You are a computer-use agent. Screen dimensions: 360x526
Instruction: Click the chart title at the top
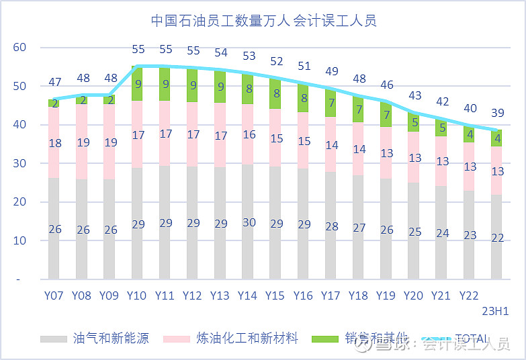[263, 20]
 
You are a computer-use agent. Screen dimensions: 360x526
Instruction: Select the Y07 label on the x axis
[54, 296]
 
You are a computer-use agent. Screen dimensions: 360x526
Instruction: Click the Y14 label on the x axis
[248, 296]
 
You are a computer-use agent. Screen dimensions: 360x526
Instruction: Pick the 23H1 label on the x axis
[496, 310]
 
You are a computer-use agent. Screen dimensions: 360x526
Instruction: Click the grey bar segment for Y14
[248, 242]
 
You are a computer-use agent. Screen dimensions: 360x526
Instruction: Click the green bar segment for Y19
[386, 114]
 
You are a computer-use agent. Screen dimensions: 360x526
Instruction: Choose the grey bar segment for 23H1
[496, 249]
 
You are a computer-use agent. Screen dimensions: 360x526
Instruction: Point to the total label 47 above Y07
[54, 83]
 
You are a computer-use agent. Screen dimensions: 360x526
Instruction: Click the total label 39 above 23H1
[496, 113]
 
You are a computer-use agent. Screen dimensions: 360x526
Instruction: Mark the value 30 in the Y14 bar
[248, 223]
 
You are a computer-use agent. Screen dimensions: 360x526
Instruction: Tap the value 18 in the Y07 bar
[54, 142]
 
